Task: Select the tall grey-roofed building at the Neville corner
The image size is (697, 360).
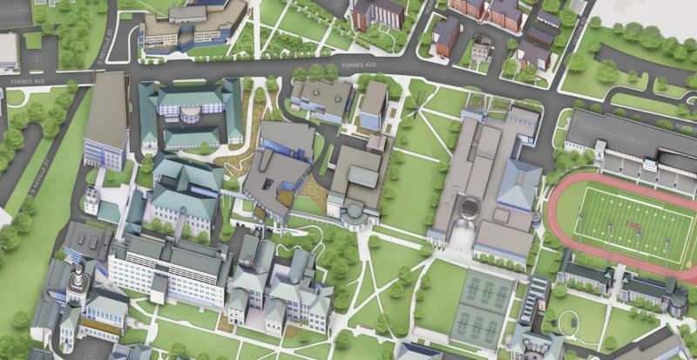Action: [x=106, y=122]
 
